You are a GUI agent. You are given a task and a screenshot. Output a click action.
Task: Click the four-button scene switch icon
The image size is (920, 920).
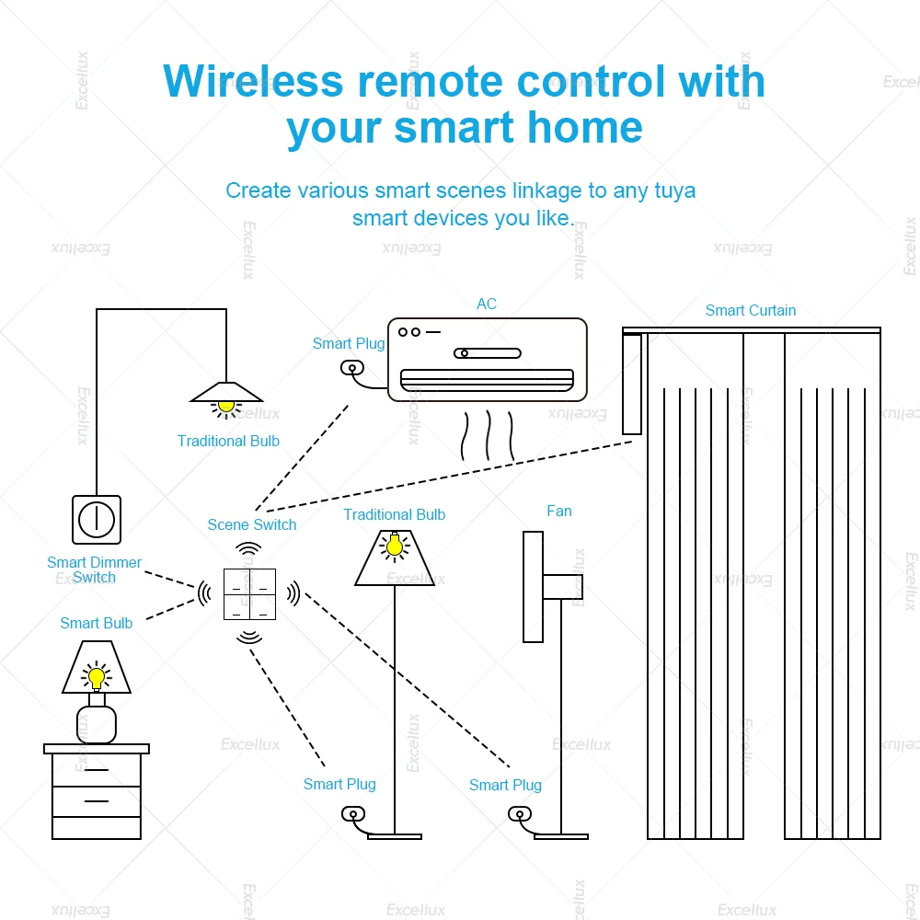249,594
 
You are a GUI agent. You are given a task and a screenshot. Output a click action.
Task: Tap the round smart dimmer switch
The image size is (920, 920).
97,520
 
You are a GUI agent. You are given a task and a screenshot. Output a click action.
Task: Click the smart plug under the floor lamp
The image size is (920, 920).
351,814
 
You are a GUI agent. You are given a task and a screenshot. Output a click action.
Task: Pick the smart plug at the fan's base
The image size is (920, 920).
517,814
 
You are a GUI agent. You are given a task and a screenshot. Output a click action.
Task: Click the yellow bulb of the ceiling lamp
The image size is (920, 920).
226,405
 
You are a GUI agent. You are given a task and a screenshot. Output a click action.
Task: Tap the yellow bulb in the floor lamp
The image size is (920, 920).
394,546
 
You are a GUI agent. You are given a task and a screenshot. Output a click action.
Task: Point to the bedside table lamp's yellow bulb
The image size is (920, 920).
96,678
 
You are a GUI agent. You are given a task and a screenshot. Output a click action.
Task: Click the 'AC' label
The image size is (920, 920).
487,304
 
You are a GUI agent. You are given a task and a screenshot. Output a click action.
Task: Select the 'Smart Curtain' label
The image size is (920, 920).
750,310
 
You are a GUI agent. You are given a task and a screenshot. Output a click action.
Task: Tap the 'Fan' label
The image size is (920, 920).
558,511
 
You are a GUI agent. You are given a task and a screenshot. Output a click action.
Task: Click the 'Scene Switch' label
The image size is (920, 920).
252,524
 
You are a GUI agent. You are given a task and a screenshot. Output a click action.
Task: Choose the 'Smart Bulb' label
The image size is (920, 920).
96,623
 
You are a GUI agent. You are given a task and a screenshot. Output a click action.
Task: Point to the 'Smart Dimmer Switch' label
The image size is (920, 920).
94,569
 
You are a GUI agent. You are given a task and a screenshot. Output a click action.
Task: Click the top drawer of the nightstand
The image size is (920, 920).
97,769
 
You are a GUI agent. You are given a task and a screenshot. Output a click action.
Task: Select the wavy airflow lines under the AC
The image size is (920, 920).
488,435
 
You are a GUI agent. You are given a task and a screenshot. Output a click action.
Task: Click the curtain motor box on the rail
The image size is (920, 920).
632,384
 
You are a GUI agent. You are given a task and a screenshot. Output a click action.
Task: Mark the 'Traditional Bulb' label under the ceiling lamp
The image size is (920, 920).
228,441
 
